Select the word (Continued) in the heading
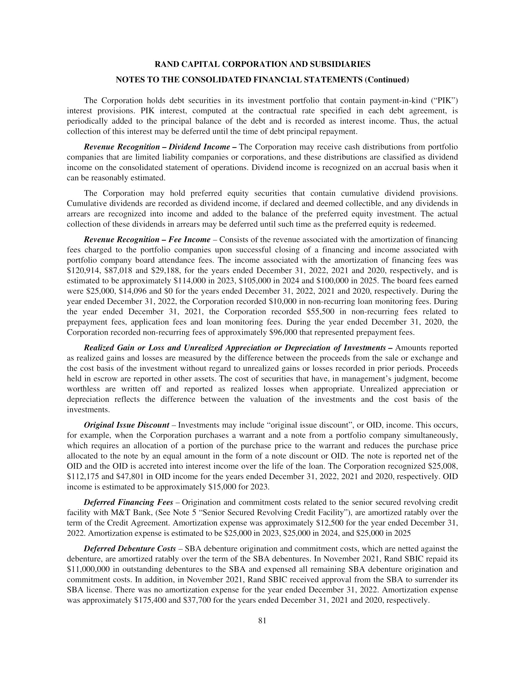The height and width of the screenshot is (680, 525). [387, 80]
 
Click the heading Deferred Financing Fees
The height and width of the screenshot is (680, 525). [128, 502]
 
